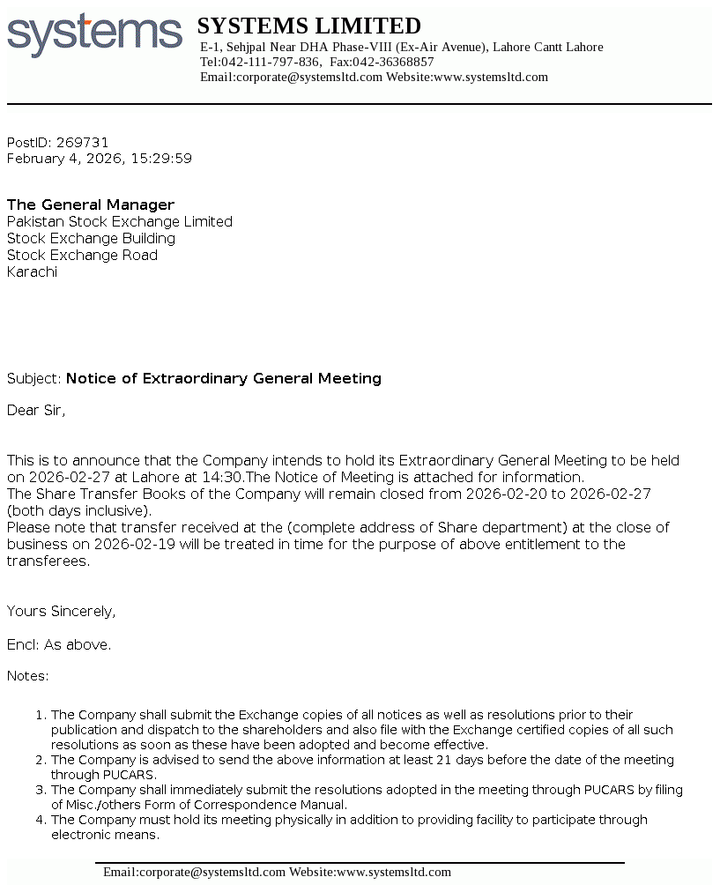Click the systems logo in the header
[x=94, y=34]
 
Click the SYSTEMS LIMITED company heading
[x=308, y=26]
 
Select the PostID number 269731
[x=82, y=142]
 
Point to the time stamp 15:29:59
[x=161, y=159]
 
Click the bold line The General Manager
[x=91, y=204]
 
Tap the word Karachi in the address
[x=32, y=271]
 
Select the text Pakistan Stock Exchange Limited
[x=120, y=221]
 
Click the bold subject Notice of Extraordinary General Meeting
[x=224, y=378]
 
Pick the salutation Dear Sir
[x=36, y=410]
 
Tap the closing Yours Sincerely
[x=61, y=611]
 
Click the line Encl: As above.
[x=59, y=644]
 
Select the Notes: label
[x=28, y=676]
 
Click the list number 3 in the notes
[x=40, y=790]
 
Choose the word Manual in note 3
[x=325, y=805]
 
